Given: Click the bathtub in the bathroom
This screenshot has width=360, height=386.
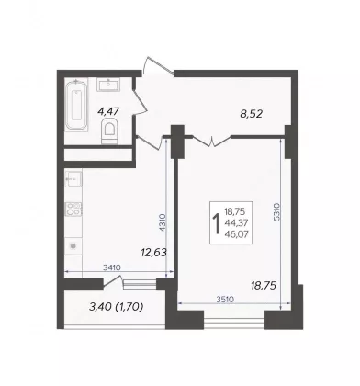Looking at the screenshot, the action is [x=76, y=105].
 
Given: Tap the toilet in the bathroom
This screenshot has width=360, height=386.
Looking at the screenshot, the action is [x=109, y=131].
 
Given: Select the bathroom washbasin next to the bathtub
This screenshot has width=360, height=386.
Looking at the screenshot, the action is [x=108, y=85].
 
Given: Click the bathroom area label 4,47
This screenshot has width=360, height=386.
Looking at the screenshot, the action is [x=108, y=111].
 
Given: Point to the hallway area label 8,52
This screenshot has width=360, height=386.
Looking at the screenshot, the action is [x=252, y=114].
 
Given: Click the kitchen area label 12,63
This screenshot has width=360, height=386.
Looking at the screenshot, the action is [x=153, y=253].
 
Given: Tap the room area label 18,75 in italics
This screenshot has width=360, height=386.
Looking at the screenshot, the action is [x=264, y=286].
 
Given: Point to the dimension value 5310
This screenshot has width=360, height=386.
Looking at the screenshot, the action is [x=276, y=211].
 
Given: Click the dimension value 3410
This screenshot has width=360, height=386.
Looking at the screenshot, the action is [x=112, y=267].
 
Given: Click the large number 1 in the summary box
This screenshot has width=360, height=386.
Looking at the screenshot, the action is [x=217, y=223].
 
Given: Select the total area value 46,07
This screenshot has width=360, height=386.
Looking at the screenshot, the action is [x=236, y=234].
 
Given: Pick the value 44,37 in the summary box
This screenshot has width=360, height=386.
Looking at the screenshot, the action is [x=236, y=222].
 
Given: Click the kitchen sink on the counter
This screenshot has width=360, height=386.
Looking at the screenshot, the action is [x=73, y=178].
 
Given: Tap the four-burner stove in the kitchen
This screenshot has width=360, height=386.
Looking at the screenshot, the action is [x=73, y=210].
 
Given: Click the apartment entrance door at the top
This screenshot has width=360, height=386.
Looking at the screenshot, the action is [x=158, y=65].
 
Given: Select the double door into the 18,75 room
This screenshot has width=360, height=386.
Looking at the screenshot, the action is [x=212, y=141].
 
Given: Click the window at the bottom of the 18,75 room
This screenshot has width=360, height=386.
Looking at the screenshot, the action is [x=234, y=321].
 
